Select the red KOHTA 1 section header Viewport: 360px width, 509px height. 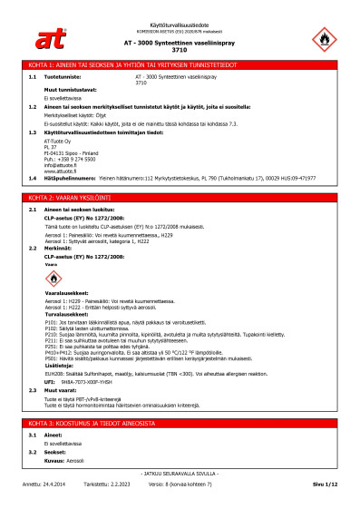(x=180, y=65)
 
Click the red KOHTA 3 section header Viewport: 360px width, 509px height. (x=180, y=424)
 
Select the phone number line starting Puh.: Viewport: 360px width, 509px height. (x=69, y=158)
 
